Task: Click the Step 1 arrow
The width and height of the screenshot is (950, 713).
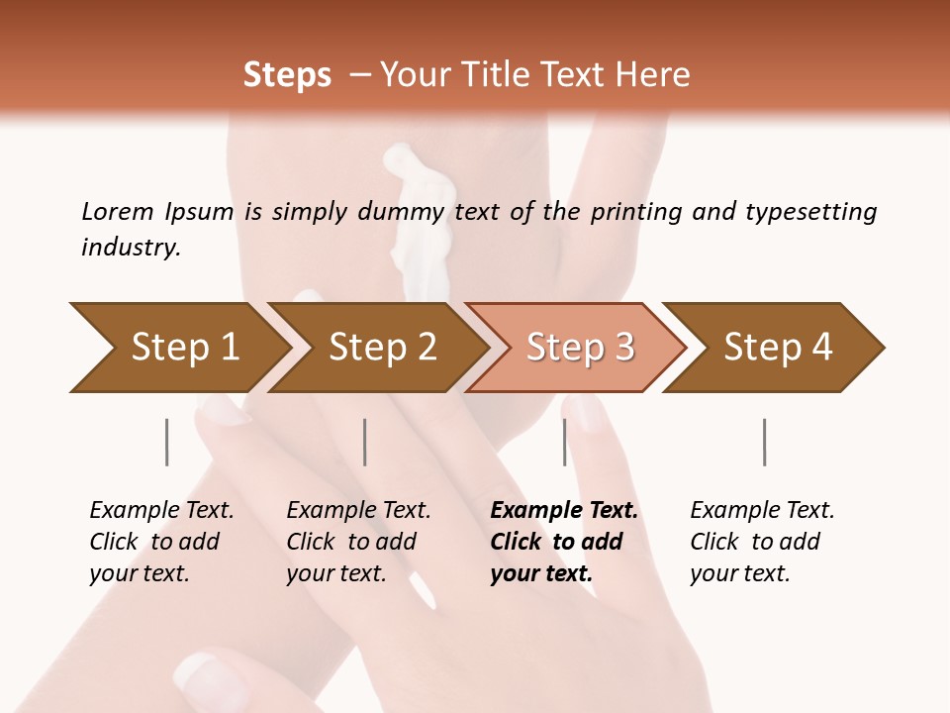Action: tap(183, 348)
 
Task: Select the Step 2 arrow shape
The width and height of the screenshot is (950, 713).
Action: tap(381, 348)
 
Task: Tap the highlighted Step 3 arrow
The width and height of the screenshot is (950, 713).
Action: tap(579, 348)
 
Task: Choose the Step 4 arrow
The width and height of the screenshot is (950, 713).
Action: tap(777, 348)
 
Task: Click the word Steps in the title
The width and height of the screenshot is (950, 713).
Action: tap(287, 75)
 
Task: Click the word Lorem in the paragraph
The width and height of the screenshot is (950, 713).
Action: tap(118, 211)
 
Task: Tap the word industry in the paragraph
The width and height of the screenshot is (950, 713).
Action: tap(131, 247)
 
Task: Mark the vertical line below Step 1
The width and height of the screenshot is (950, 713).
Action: tap(167, 442)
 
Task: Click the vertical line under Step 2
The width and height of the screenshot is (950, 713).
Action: tap(365, 442)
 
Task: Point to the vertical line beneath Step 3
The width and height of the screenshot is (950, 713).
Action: tap(565, 442)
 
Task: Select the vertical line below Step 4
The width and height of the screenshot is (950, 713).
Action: tap(765, 442)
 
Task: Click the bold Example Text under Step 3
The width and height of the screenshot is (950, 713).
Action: tap(564, 511)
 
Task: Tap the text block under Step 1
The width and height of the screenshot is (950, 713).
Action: tap(161, 542)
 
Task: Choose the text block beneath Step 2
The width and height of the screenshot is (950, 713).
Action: tap(358, 542)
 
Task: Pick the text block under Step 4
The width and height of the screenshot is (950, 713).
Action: tap(762, 542)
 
